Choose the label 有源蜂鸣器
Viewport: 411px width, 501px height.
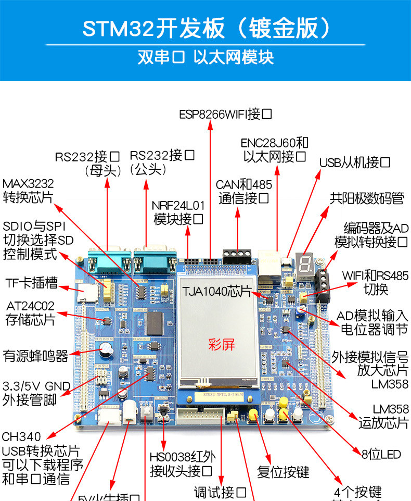tap(35, 356)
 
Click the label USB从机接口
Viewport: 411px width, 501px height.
tap(355, 162)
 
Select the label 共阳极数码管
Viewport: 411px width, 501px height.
tap(367, 198)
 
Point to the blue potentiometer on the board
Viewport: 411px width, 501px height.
tap(298, 311)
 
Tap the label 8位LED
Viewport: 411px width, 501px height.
tap(381, 455)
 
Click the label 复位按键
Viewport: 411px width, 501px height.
tap(283, 472)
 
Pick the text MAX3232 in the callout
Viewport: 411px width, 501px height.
tap(28, 184)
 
